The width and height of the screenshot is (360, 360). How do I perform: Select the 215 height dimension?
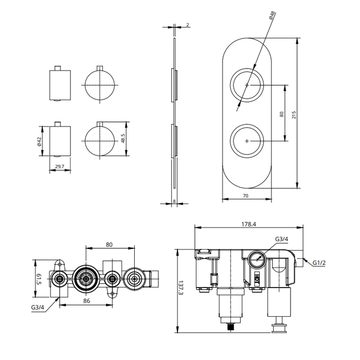[294, 115]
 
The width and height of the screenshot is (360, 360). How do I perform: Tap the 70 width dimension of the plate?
[245, 195]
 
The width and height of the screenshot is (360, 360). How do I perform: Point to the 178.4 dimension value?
[248, 224]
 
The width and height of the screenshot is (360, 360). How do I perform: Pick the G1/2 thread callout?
[319, 263]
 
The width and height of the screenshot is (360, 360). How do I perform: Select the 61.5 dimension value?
[39, 279]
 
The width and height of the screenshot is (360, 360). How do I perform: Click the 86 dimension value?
[86, 300]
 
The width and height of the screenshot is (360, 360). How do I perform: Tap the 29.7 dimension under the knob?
[60, 167]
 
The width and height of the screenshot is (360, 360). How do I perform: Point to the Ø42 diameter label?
[39, 141]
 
